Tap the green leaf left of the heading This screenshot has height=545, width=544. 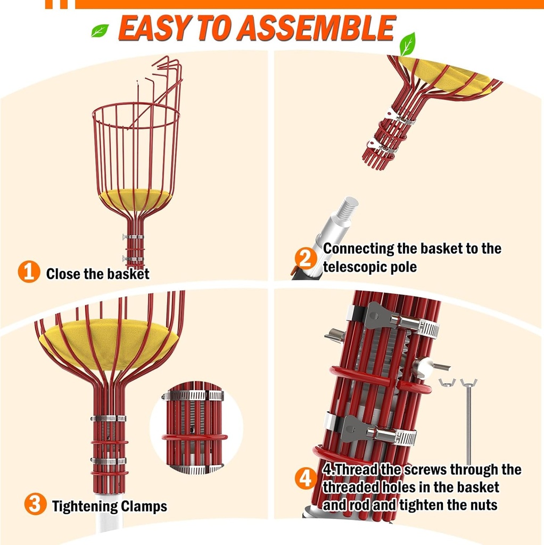click(100, 30)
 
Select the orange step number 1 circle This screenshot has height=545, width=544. click(29, 272)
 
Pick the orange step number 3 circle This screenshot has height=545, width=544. click(35, 503)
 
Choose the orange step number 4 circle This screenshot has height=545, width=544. click(306, 479)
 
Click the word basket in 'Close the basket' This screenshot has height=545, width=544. click(128, 274)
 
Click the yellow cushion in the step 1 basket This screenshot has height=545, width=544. click(136, 198)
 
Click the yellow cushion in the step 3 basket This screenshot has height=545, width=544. click(109, 341)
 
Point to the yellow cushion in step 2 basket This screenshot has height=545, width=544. click(447, 77)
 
